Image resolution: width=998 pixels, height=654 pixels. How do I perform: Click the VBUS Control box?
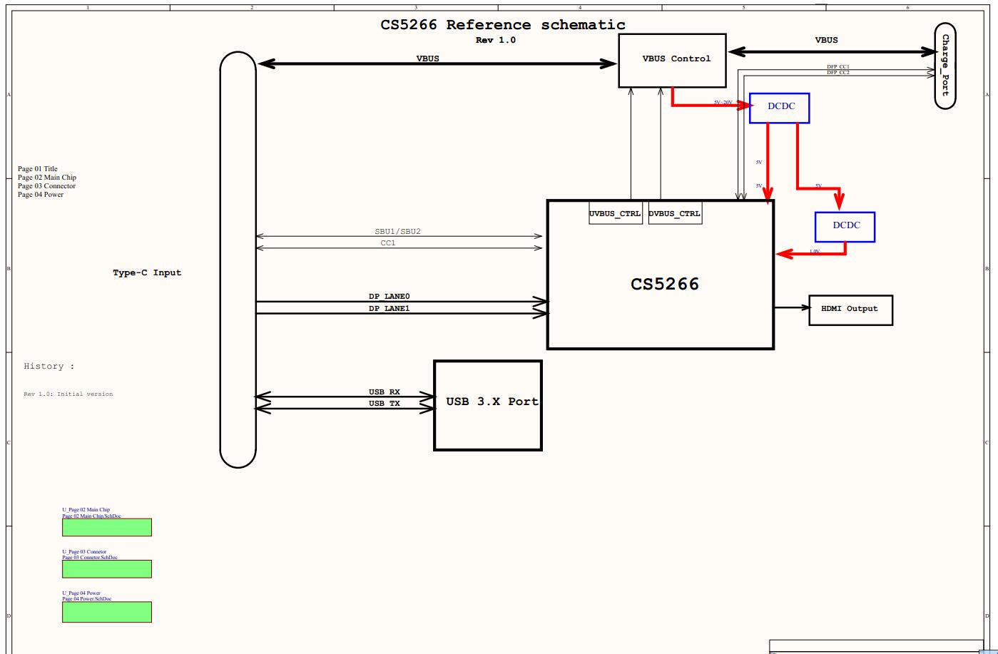coord(673,60)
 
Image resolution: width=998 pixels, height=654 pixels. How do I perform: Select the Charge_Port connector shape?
coord(944,66)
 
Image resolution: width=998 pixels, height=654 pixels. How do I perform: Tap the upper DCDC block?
coord(779,108)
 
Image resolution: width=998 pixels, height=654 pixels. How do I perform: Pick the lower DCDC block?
coord(845,227)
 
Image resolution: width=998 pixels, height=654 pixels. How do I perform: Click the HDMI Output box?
coord(850,310)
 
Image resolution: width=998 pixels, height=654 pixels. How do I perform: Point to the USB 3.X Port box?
coord(488,405)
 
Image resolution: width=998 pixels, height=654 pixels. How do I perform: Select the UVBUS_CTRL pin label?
coord(615,213)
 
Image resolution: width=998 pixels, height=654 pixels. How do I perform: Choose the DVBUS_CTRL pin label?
coord(675,213)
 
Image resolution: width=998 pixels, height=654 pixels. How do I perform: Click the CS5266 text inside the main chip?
coord(664,284)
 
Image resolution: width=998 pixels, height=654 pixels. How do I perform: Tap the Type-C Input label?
coord(147,272)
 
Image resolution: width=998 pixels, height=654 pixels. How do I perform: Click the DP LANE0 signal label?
coord(389,296)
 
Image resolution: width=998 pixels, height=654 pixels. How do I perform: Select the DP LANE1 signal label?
coord(389,308)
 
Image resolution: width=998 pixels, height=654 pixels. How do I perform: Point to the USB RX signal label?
coord(384,392)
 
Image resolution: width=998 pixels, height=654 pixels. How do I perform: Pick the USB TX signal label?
coord(384,404)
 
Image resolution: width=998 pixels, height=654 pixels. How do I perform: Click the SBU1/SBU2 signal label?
coord(402,232)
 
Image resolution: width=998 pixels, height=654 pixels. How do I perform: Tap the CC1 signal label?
coord(387,243)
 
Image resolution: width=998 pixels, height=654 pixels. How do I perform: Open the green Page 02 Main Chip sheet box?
coord(107,527)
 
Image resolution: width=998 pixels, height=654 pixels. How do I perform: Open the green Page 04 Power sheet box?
coord(107,612)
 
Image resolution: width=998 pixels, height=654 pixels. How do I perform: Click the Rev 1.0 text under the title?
coord(495,40)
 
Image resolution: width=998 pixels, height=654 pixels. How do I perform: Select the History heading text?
coord(49,366)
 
